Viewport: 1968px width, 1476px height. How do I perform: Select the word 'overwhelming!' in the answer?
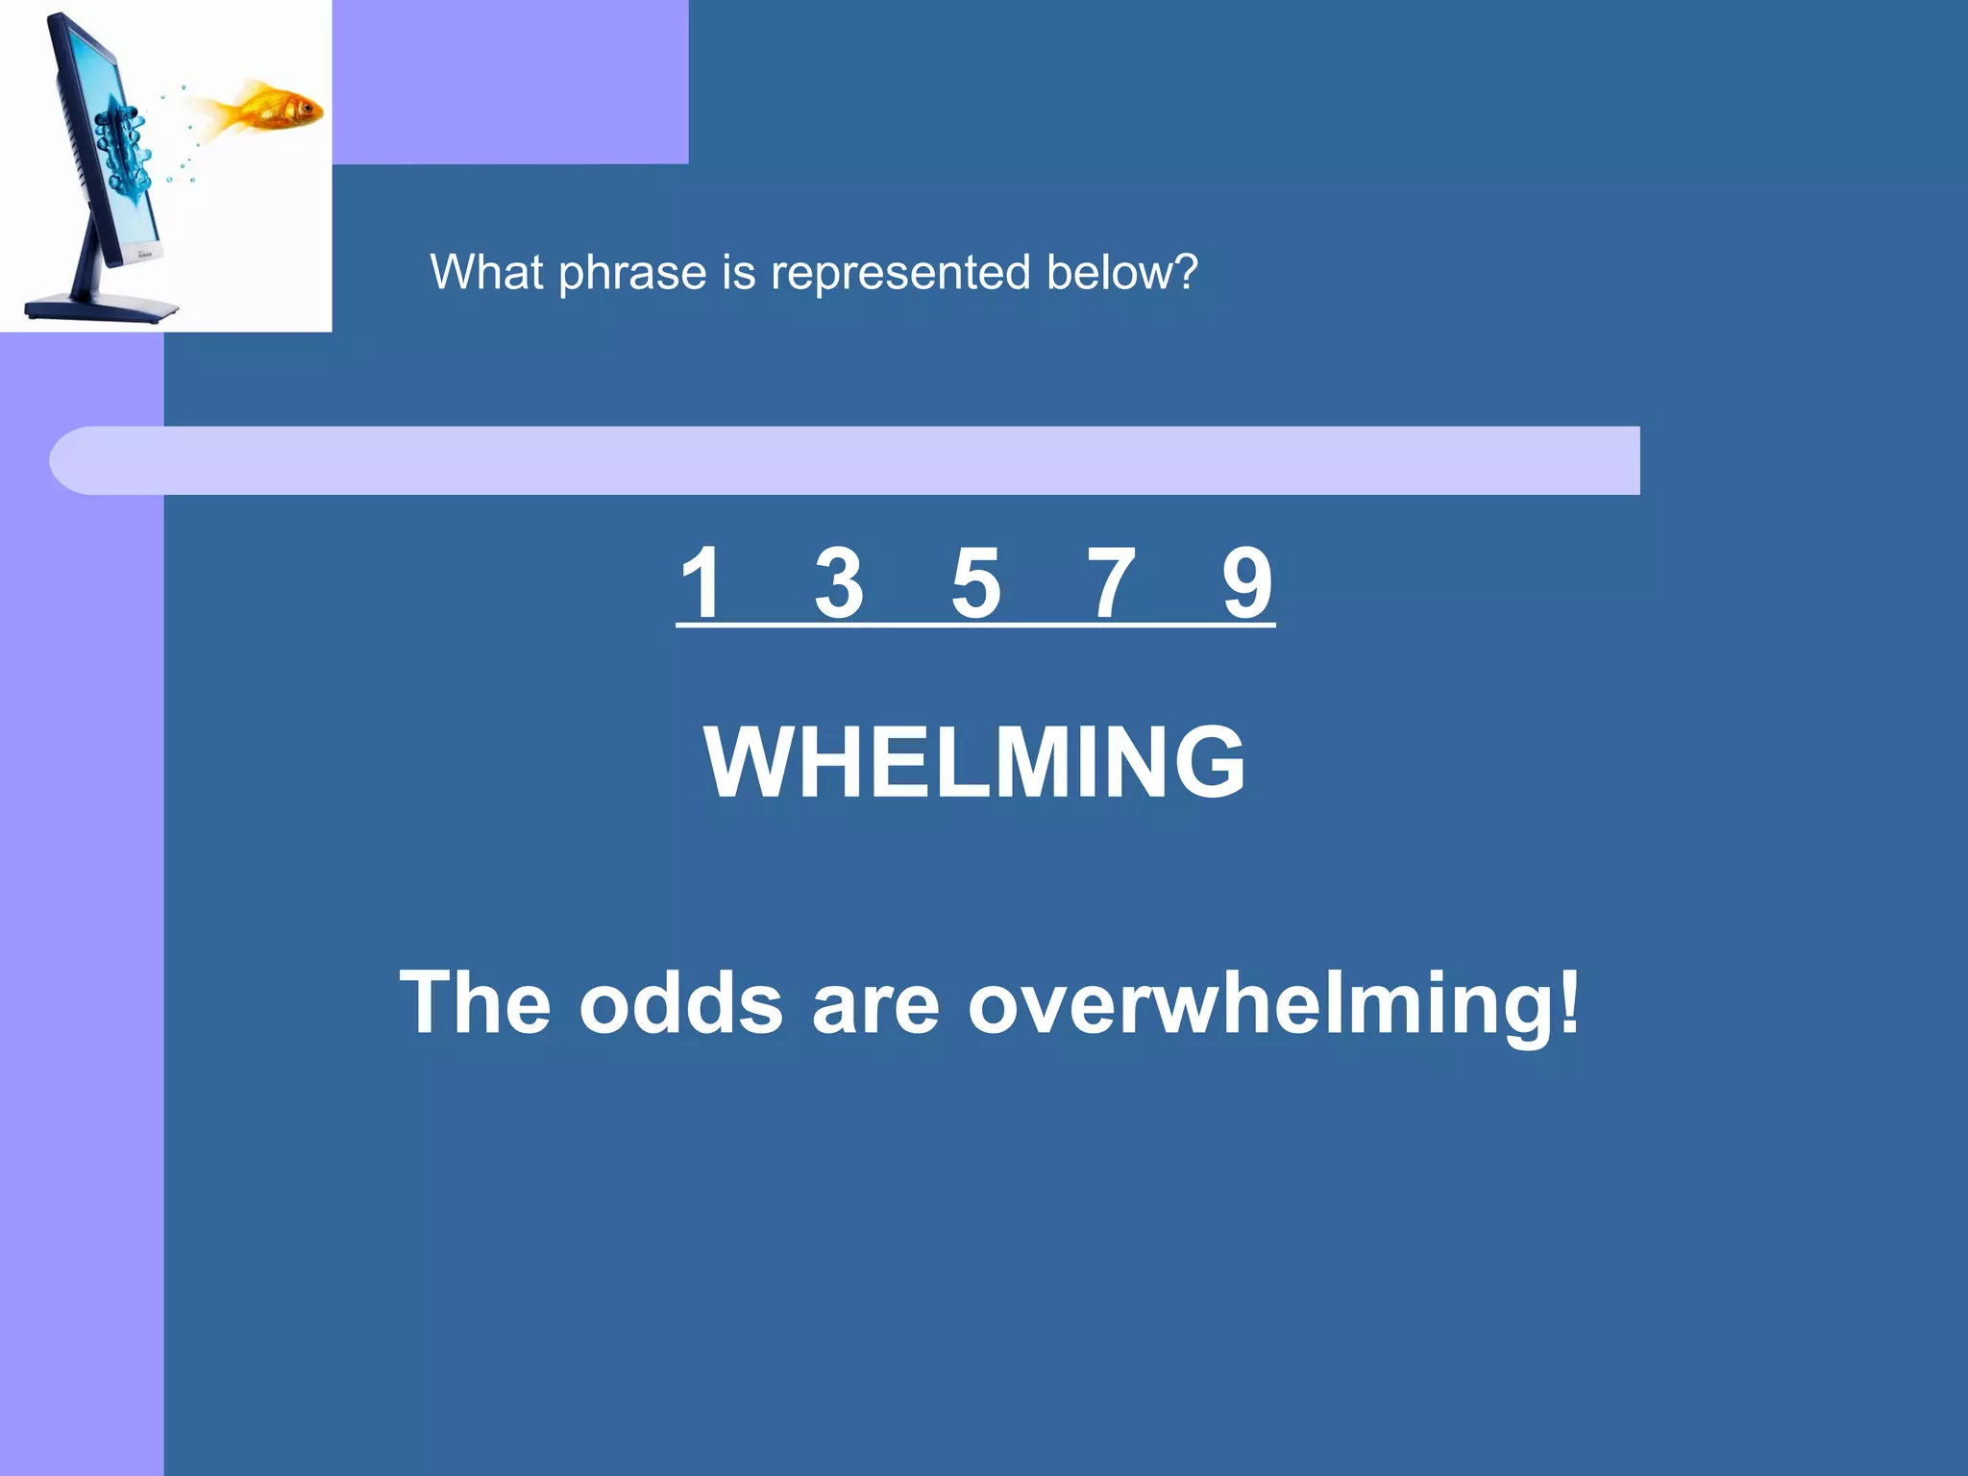(x=1273, y=1002)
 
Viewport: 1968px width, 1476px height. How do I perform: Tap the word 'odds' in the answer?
(x=680, y=1002)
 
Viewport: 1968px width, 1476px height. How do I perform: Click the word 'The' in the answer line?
(x=475, y=1002)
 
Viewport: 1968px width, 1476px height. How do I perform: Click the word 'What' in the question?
(x=486, y=272)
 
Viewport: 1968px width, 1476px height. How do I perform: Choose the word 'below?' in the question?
(x=1121, y=272)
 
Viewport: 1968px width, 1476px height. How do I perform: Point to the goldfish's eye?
(x=307, y=108)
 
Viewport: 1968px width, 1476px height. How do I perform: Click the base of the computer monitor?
(x=101, y=308)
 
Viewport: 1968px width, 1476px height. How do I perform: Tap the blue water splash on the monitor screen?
(x=125, y=144)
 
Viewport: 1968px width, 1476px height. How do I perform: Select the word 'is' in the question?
(x=738, y=272)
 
